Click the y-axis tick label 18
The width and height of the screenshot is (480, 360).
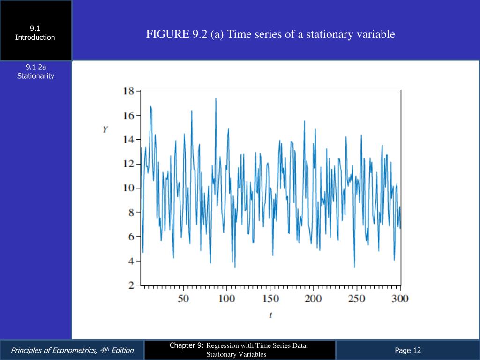tap(128, 90)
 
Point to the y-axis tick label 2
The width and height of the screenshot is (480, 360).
tap(131, 285)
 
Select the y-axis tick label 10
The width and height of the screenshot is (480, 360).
tap(128, 188)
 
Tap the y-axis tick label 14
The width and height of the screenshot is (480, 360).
tap(128, 139)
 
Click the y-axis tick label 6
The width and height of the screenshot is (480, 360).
tap(131, 237)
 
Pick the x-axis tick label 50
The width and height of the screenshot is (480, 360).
tap(183, 299)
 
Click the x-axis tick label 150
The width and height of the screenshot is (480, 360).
tap(270, 299)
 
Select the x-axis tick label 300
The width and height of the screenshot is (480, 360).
tap(400, 299)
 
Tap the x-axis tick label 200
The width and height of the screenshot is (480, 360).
tap(313, 299)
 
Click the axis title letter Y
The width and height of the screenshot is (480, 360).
tap(105, 129)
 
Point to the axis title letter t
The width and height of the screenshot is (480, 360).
tap(270, 315)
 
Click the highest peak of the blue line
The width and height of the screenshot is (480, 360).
tap(216, 98)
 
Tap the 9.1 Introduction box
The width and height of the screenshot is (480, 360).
tap(35, 33)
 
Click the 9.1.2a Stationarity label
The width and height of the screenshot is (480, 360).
tap(36, 72)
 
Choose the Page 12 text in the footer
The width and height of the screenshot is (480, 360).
tap(408, 350)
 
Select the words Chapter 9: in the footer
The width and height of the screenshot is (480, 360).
tap(187, 345)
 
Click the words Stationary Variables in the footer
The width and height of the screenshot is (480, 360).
tap(237, 354)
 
